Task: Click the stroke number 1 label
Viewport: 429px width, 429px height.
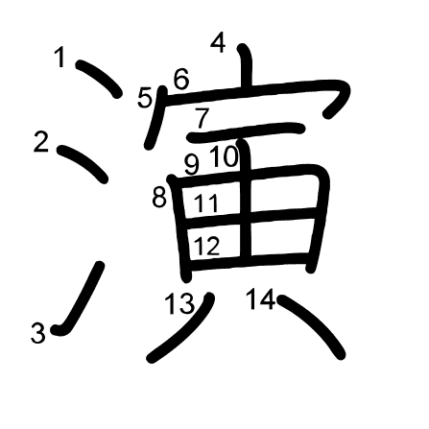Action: [60, 57]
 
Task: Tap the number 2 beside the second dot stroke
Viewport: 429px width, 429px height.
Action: [41, 142]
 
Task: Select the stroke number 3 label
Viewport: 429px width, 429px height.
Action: [38, 333]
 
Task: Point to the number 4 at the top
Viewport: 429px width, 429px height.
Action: [218, 43]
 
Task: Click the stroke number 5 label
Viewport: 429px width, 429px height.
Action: [145, 98]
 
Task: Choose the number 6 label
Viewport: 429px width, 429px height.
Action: [181, 79]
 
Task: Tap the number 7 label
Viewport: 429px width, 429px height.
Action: [203, 118]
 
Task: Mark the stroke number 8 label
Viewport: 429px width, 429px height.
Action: [159, 197]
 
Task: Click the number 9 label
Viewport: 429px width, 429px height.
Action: [192, 165]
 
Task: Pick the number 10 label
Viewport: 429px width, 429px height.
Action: [225, 156]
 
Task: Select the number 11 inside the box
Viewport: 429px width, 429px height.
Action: [206, 203]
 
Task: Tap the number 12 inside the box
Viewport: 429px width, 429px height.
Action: [207, 246]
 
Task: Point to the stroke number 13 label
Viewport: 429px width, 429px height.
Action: [179, 303]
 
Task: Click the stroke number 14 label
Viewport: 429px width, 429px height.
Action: [261, 298]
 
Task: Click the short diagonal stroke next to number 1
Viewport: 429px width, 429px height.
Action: [99, 78]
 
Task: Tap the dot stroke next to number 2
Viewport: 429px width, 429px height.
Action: [83, 164]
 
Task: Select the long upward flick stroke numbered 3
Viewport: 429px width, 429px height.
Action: [82, 297]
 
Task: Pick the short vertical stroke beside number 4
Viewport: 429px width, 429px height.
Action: [247, 65]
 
